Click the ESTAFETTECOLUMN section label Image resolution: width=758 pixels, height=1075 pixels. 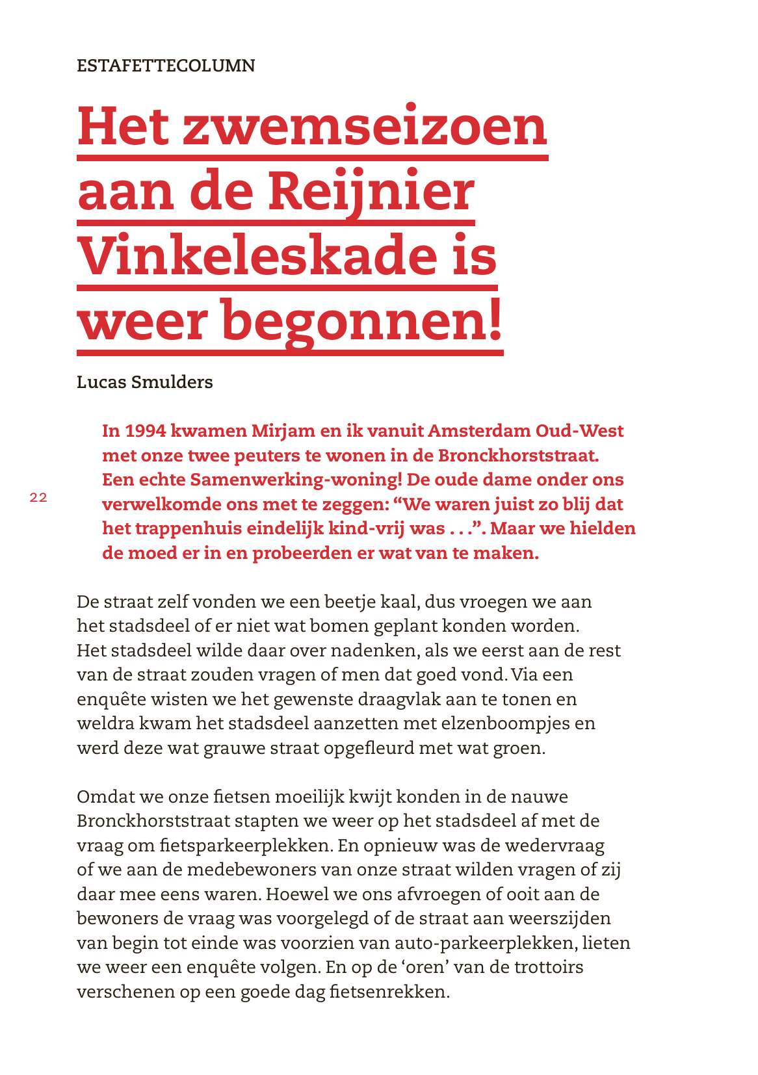tap(166, 66)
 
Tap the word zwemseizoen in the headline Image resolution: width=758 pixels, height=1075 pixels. tap(365, 126)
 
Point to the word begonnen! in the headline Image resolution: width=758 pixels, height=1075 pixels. tap(362, 321)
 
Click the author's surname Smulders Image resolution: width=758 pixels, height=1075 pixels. tap(172, 382)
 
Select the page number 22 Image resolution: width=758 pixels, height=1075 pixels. tap(38, 498)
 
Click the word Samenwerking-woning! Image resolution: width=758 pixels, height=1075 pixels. tap(296, 480)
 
